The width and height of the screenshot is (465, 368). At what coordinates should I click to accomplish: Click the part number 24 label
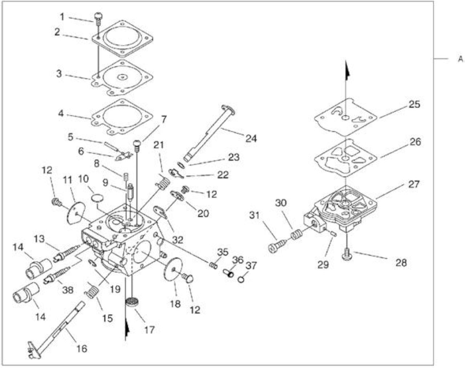coord(251,138)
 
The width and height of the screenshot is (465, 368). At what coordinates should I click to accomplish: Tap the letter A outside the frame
coord(461,59)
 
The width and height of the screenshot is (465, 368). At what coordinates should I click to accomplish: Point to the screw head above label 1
coord(98,16)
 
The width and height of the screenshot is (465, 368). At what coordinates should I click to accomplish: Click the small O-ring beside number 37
coord(241,280)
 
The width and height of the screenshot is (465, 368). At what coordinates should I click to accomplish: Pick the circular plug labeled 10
coord(97,198)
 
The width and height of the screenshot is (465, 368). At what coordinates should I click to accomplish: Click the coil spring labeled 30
coord(296,234)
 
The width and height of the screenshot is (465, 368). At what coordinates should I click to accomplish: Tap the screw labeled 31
coord(276,246)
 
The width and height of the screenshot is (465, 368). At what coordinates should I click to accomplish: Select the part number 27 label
coord(413,184)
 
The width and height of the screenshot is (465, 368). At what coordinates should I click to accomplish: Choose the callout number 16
coord(81,348)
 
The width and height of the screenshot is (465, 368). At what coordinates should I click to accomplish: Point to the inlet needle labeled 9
coord(130,193)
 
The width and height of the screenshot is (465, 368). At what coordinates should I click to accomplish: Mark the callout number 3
coord(59,74)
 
